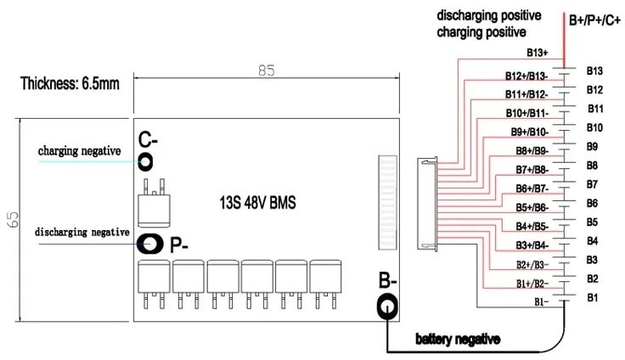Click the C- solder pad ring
tap(146, 160)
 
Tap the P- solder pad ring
tap(152, 245)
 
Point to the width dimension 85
tap(267, 73)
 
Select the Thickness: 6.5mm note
tap(70, 83)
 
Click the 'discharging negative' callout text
tap(82, 232)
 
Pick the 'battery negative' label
tap(458, 339)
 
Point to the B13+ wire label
tap(537, 53)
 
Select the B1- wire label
tap(541, 301)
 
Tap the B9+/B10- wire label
tap(529, 132)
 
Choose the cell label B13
tap(594, 70)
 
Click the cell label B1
tap(593, 297)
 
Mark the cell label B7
tap(593, 183)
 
